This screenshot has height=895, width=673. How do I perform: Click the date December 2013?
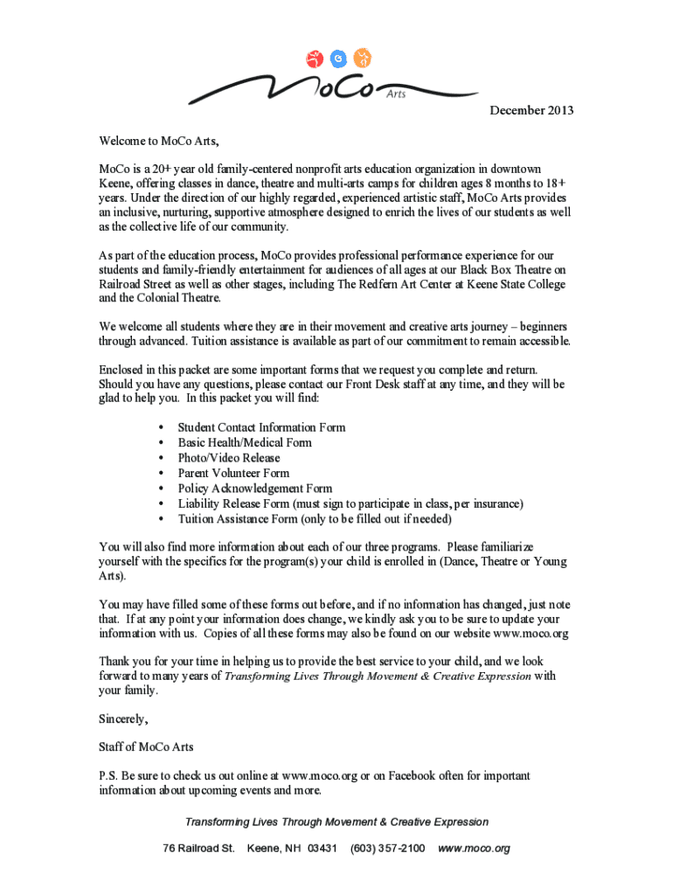point(531,110)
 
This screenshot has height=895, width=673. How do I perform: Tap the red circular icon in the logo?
point(314,59)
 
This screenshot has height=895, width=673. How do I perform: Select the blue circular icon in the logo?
point(338,59)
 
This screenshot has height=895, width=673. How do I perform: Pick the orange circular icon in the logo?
point(364,59)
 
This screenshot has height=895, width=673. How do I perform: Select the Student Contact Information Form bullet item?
point(261,427)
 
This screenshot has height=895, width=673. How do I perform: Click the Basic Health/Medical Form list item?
point(245,442)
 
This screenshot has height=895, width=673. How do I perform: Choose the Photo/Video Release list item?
point(229,458)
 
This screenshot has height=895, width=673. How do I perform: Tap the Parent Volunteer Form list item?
point(233,473)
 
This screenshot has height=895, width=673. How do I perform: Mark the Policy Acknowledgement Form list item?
point(254,489)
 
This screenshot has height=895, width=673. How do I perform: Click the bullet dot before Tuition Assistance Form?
point(162,520)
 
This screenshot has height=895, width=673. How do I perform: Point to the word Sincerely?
point(124,719)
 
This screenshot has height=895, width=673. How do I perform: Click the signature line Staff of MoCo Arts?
point(147,747)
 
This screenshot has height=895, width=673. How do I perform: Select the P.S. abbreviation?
point(109,775)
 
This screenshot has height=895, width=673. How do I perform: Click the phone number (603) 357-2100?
point(387,849)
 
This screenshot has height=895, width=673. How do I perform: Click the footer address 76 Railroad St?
point(199,849)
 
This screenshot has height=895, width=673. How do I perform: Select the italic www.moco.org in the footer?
point(473,849)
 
